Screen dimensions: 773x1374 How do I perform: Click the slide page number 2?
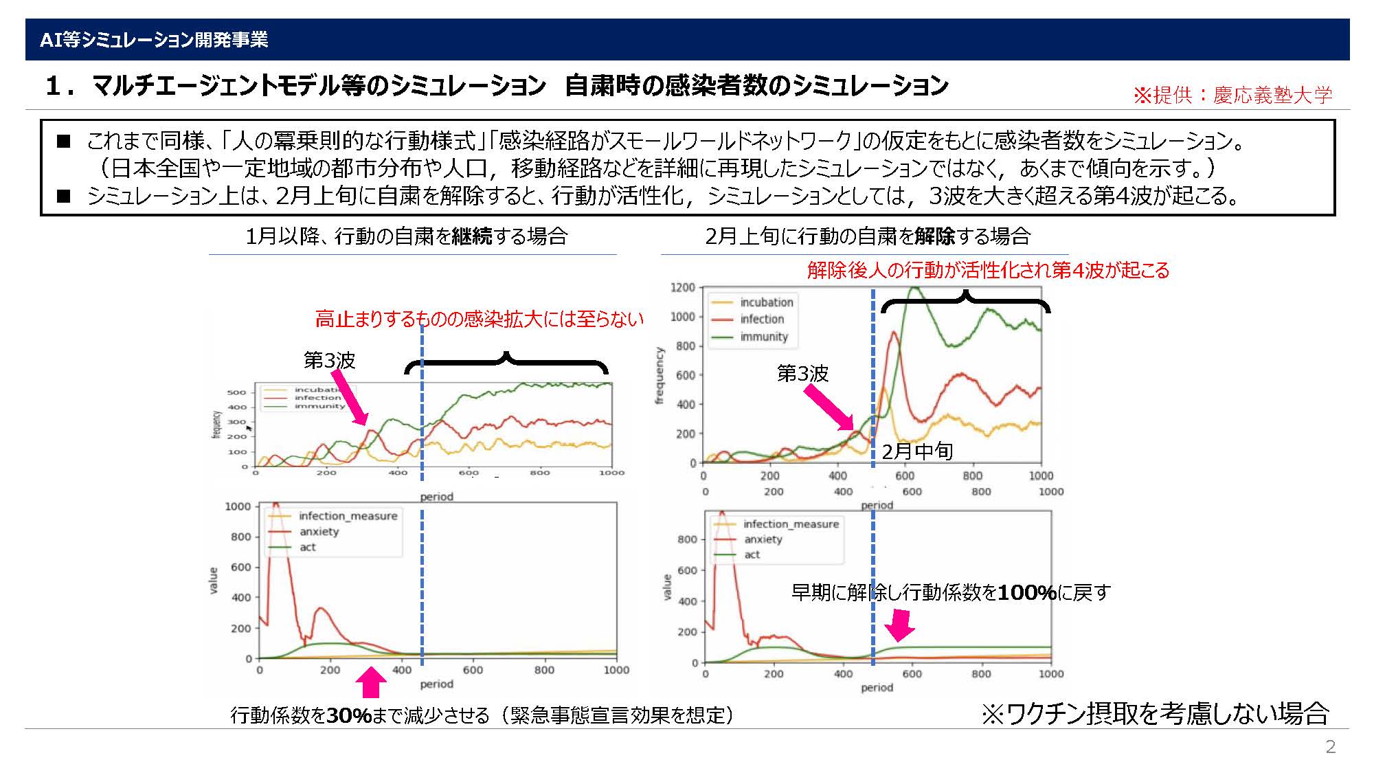coord(1330,748)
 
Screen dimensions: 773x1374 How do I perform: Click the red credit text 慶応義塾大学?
coord(1272,95)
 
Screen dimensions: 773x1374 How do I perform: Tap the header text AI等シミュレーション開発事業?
coord(154,40)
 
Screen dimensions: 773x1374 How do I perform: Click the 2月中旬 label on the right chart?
coord(917,451)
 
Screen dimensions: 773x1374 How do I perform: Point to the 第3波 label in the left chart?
coord(330,360)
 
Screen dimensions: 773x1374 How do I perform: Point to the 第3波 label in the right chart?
coord(802,374)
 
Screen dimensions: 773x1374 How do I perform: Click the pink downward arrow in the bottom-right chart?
coord(899,625)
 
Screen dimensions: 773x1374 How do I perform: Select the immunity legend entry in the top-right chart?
coord(763,337)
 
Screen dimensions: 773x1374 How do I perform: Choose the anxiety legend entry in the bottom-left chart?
coord(319,532)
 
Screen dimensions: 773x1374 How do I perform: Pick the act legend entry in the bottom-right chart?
coord(752,554)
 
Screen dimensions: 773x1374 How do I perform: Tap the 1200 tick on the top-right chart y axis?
coord(683,287)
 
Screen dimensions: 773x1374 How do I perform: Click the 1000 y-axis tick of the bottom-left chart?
coord(238,506)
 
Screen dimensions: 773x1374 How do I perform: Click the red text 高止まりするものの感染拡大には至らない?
coord(480,319)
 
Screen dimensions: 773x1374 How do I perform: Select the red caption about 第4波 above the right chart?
coord(988,270)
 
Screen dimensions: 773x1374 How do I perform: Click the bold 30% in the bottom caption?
coord(349,716)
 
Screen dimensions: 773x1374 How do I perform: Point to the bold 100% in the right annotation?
coord(1026,592)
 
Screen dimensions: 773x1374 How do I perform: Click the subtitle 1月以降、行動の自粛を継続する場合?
coord(407,236)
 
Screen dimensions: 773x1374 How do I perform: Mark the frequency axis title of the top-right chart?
coord(660,375)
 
